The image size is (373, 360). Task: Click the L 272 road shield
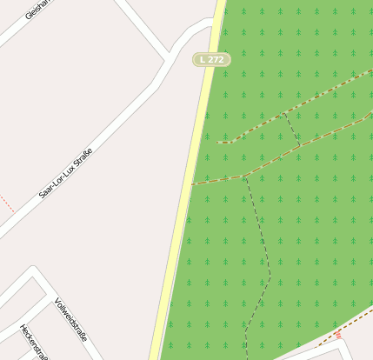point(211,59)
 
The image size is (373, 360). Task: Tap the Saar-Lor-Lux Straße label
point(66,173)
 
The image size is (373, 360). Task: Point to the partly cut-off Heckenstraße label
point(33,343)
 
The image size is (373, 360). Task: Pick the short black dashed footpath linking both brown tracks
point(291,129)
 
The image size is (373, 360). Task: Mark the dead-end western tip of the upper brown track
point(219,142)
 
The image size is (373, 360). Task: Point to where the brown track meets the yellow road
point(192,183)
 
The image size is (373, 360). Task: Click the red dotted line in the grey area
point(7,204)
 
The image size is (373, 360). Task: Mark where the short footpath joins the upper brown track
point(283,112)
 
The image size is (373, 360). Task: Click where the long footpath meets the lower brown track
point(246,176)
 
